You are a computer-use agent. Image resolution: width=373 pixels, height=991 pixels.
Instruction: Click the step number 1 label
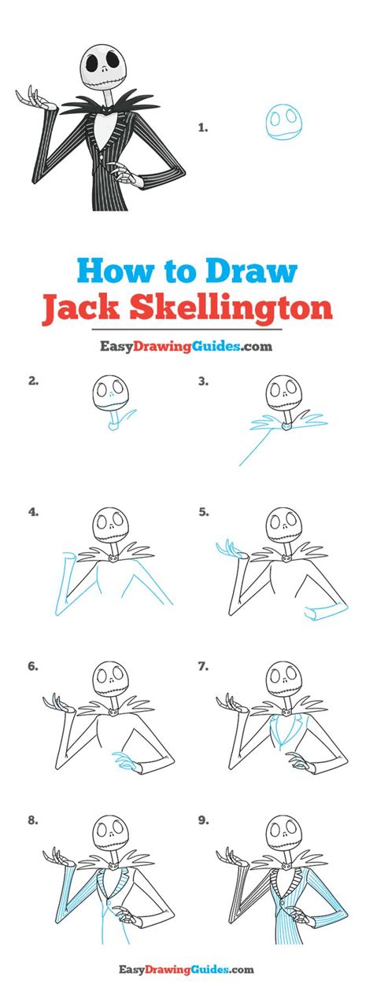pyautogui.click(x=202, y=126)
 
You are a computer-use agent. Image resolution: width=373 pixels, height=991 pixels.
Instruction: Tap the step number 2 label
pyautogui.click(x=33, y=381)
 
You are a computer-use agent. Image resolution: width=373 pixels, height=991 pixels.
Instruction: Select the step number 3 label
pyautogui.click(x=203, y=381)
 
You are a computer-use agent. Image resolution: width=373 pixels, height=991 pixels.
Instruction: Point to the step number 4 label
pyautogui.click(x=33, y=512)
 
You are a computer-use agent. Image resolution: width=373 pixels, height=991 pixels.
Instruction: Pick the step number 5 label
pyautogui.click(x=203, y=512)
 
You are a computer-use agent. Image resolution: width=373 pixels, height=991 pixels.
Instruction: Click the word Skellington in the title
pyautogui.click(x=232, y=308)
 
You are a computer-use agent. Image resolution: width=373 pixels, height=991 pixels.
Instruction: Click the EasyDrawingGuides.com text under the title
pyautogui.click(x=186, y=345)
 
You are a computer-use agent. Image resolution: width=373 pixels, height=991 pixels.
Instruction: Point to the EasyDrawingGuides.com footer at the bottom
pyautogui.click(x=186, y=971)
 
